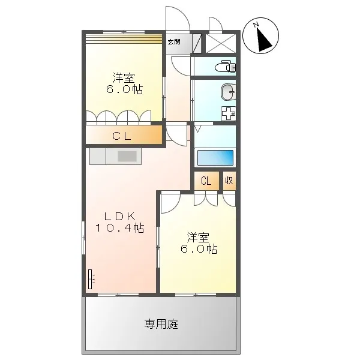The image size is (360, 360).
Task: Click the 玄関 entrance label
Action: click(174, 42)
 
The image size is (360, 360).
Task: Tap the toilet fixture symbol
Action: click(225, 66)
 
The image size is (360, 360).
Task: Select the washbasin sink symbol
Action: click(228, 92)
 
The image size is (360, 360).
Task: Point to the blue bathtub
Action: click(215, 157)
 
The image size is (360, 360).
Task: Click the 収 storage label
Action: click(229, 181)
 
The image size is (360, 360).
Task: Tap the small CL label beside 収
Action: click(206, 181)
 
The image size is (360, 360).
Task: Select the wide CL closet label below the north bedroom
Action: click(122, 136)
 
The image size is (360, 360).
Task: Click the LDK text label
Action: click(119, 216)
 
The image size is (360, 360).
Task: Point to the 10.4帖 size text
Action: click(119, 228)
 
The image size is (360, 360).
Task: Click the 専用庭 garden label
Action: click(161, 324)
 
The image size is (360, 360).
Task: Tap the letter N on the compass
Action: click(256, 25)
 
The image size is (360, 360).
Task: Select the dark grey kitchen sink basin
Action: click(127, 156)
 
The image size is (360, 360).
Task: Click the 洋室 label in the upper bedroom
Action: click(124, 78)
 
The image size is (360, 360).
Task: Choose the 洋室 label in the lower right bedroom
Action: click(198, 238)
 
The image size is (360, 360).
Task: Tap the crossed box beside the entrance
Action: click(221, 44)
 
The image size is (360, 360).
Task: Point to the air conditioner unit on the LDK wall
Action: click(91, 279)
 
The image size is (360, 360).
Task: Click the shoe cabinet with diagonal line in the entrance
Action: click(197, 44)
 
